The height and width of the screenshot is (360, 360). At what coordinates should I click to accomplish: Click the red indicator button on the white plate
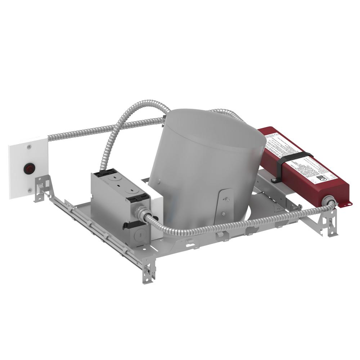point(28,168)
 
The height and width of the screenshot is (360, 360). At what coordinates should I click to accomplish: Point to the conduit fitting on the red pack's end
point(328,201)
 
